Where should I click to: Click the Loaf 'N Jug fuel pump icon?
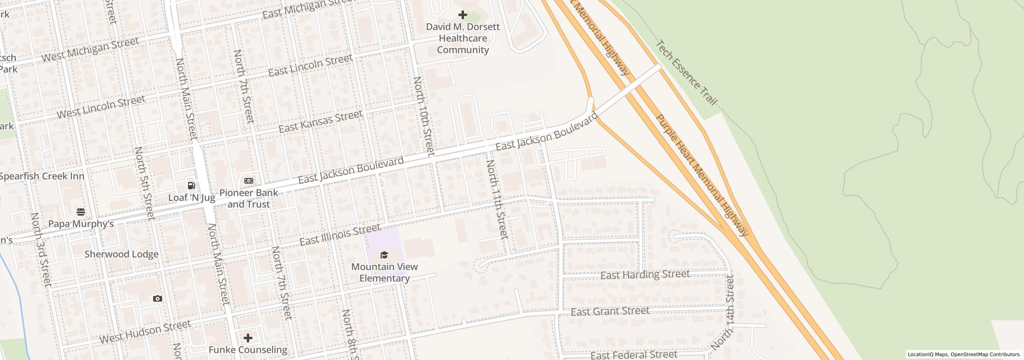pyautogui.click(x=192, y=186)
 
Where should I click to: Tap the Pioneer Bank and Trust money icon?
pyautogui.click(x=248, y=181)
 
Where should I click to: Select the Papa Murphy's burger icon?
pyautogui.click(x=81, y=212)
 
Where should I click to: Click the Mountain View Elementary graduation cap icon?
pyautogui.click(x=384, y=255)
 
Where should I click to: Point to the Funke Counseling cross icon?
pyautogui.click(x=248, y=338)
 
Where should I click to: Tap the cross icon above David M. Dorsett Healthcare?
pyautogui.click(x=463, y=15)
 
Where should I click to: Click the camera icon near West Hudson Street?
pyautogui.click(x=158, y=298)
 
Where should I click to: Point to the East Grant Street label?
pyautogui.click(x=610, y=311)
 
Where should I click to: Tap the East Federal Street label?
pyautogui.click(x=634, y=355)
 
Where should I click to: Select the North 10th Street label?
pyautogui.click(x=424, y=116)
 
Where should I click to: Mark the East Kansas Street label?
pyautogui.click(x=320, y=122)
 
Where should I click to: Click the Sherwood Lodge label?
pyautogui.click(x=121, y=254)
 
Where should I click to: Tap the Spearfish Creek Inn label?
pyautogui.click(x=42, y=176)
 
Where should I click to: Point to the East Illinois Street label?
pyautogui.click(x=340, y=235)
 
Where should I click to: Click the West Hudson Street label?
pyautogui.click(x=145, y=332)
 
